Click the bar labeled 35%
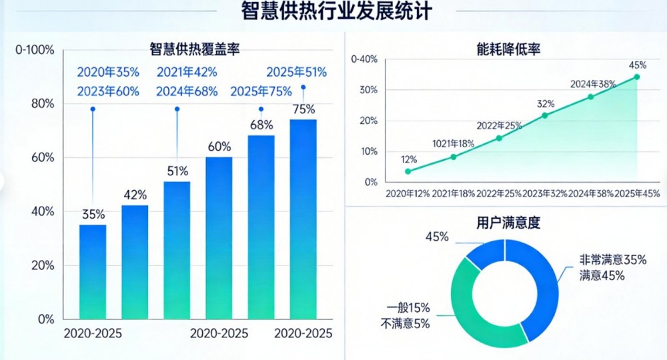pyautogui.click(x=93, y=272)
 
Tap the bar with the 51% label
pyautogui.click(x=177, y=250)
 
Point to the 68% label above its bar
pyautogui.click(x=261, y=125)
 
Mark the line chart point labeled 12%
pyautogui.click(x=408, y=171)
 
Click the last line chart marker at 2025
pyautogui.click(x=637, y=77)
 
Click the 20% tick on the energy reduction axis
pyautogui.click(x=368, y=121)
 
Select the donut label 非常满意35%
pyautogui.click(x=612, y=260)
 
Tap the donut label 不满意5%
pyautogui.click(x=405, y=324)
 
